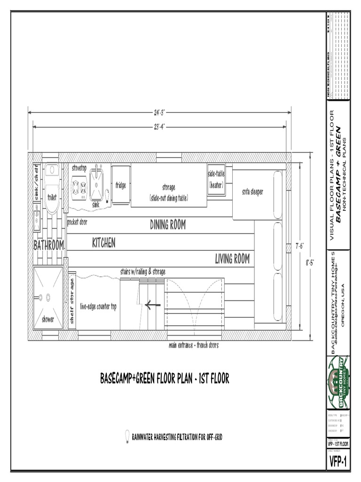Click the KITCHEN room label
tap(103, 243)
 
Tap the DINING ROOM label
tap(168, 225)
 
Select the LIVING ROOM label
tap(232, 258)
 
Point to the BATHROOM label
tap(48, 245)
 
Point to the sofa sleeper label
tap(252, 192)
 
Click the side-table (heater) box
tap(216, 180)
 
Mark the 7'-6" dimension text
tap(299, 246)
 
